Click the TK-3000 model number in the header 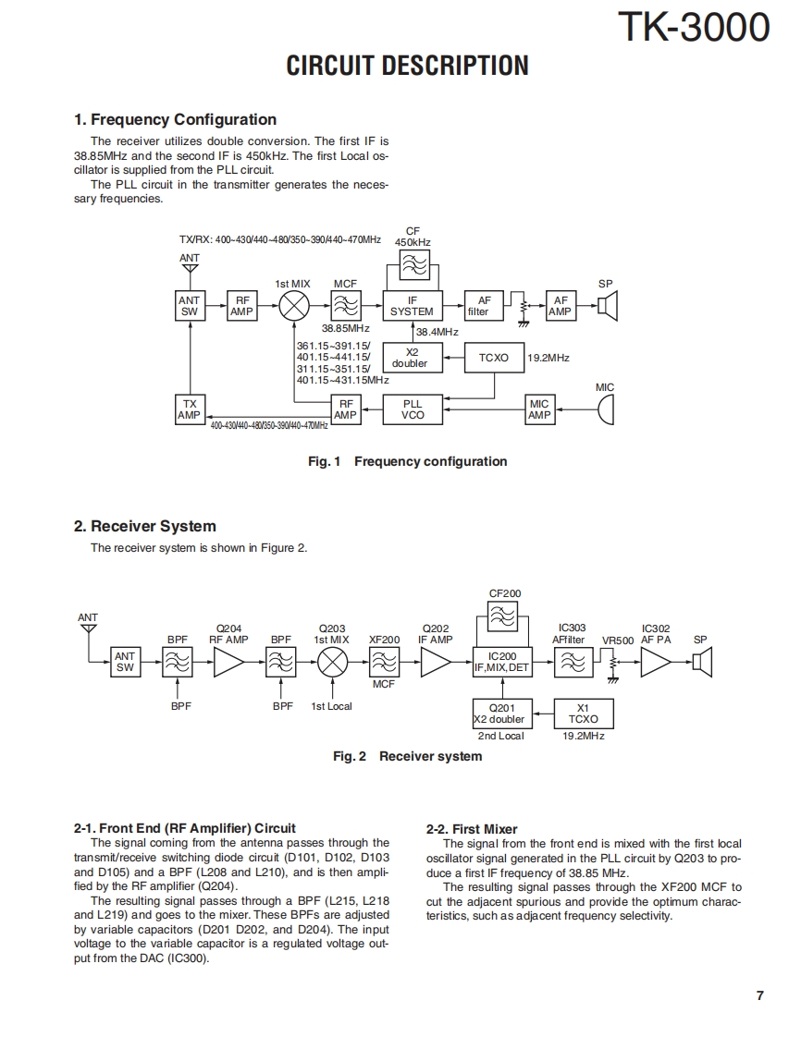tap(693, 28)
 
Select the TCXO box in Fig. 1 tap(493, 358)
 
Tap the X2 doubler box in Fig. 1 tap(411, 358)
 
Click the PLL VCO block tap(413, 409)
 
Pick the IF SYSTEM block tap(412, 306)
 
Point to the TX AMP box tap(189, 409)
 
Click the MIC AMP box tap(539, 409)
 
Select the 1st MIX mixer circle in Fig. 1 tap(294, 306)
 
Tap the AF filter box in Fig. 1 tap(484, 306)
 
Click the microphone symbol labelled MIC tap(605, 409)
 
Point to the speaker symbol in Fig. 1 tap(607, 306)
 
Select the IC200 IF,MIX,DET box tap(502, 662)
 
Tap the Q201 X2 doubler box tap(499, 714)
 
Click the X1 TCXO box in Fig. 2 tap(583, 714)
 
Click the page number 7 tap(759, 995)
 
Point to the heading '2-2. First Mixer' tap(472, 829)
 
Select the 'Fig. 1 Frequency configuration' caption tap(407, 461)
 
